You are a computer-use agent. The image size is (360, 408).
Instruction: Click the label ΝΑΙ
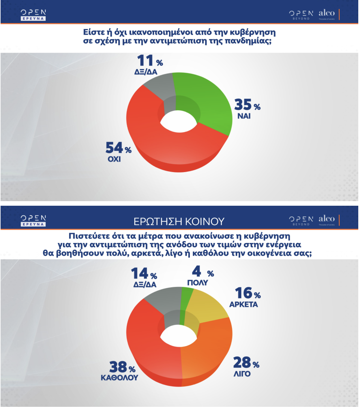pos(244,116)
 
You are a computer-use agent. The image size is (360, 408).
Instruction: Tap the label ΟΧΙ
pos(114,159)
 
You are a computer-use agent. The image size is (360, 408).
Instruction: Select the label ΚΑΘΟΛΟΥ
pos(119,377)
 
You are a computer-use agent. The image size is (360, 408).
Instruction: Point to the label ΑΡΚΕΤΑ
pos(243,305)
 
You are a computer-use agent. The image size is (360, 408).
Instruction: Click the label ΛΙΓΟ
pos(242,374)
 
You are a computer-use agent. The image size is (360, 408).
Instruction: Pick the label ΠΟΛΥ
pos(198,283)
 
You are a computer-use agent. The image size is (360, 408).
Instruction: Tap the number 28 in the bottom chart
pos(242,362)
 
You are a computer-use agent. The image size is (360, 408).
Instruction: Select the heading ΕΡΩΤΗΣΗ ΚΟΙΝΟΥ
pos(179,221)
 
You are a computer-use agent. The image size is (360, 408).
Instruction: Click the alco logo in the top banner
pos(327,14)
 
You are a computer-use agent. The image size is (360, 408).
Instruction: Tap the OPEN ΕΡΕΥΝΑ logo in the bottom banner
pos(33,220)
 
